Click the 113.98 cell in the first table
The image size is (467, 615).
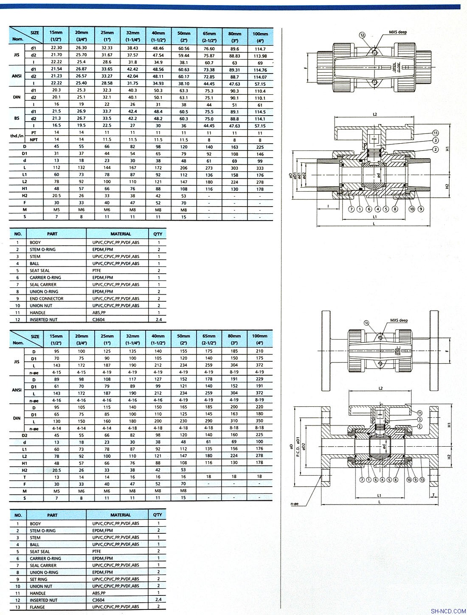click(x=260, y=56)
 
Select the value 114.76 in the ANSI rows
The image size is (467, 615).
click(x=260, y=70)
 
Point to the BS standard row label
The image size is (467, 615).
click(x=17, y=119)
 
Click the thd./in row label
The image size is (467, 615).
click(x=16, y=136)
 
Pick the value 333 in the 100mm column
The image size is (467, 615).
click(x=260, y=167)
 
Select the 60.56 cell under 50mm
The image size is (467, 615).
click(x=183, y=49)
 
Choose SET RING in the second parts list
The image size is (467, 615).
click(x=39, y=579)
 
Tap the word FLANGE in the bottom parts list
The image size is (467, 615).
click(x=37, y=607)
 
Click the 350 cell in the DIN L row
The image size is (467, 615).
click(x=259, y=421)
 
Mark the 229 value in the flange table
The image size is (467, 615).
click(x=259, y=379)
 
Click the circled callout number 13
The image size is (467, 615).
click(x=422, y=479)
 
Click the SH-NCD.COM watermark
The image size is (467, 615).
click(x=448, y=611)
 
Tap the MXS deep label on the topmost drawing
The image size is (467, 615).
click(x=398, y=32)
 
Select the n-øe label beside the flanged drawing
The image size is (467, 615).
click(x=295, y=504)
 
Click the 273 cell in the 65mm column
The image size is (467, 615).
click(x=209, y=167)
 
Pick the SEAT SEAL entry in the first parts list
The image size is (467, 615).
click(x=39, y=270)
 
